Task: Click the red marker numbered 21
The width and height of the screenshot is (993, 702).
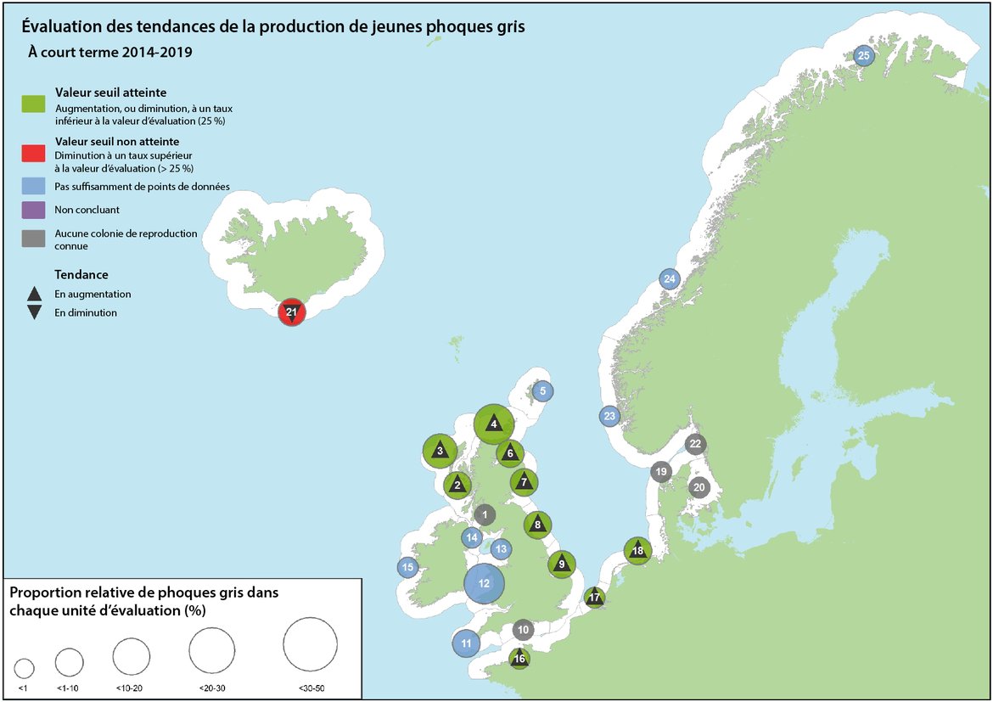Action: tap(291, 313)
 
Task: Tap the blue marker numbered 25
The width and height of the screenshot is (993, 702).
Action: tap(863, 56)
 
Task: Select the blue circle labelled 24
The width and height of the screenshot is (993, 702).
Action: tap(670, 279)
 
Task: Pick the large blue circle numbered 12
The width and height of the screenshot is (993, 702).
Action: tap(485, 583)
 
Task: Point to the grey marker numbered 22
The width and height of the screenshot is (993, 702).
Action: tap(695, 444)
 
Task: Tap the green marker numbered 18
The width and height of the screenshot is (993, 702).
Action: tap(637, 551)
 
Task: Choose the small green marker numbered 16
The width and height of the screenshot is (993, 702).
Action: tap(519, 658)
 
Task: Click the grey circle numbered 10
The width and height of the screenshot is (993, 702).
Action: tap(523, 631)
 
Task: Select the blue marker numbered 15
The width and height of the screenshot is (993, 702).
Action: tap(407, 568)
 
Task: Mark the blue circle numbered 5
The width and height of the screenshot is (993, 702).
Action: tap(543, 391)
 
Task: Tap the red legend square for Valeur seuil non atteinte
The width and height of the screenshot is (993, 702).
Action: tap(33, 153)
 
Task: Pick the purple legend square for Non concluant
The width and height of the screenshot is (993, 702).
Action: tap(33, 209)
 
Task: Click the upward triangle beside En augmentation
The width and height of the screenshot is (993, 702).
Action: tap(34, 295)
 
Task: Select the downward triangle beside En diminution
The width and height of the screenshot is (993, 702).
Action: tap(34, 312)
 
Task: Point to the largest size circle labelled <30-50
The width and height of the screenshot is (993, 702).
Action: tap(310, 644)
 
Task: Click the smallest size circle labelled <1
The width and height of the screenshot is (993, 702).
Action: tap(24, 667)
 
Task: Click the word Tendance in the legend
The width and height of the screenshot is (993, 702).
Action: tap(81, 275)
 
